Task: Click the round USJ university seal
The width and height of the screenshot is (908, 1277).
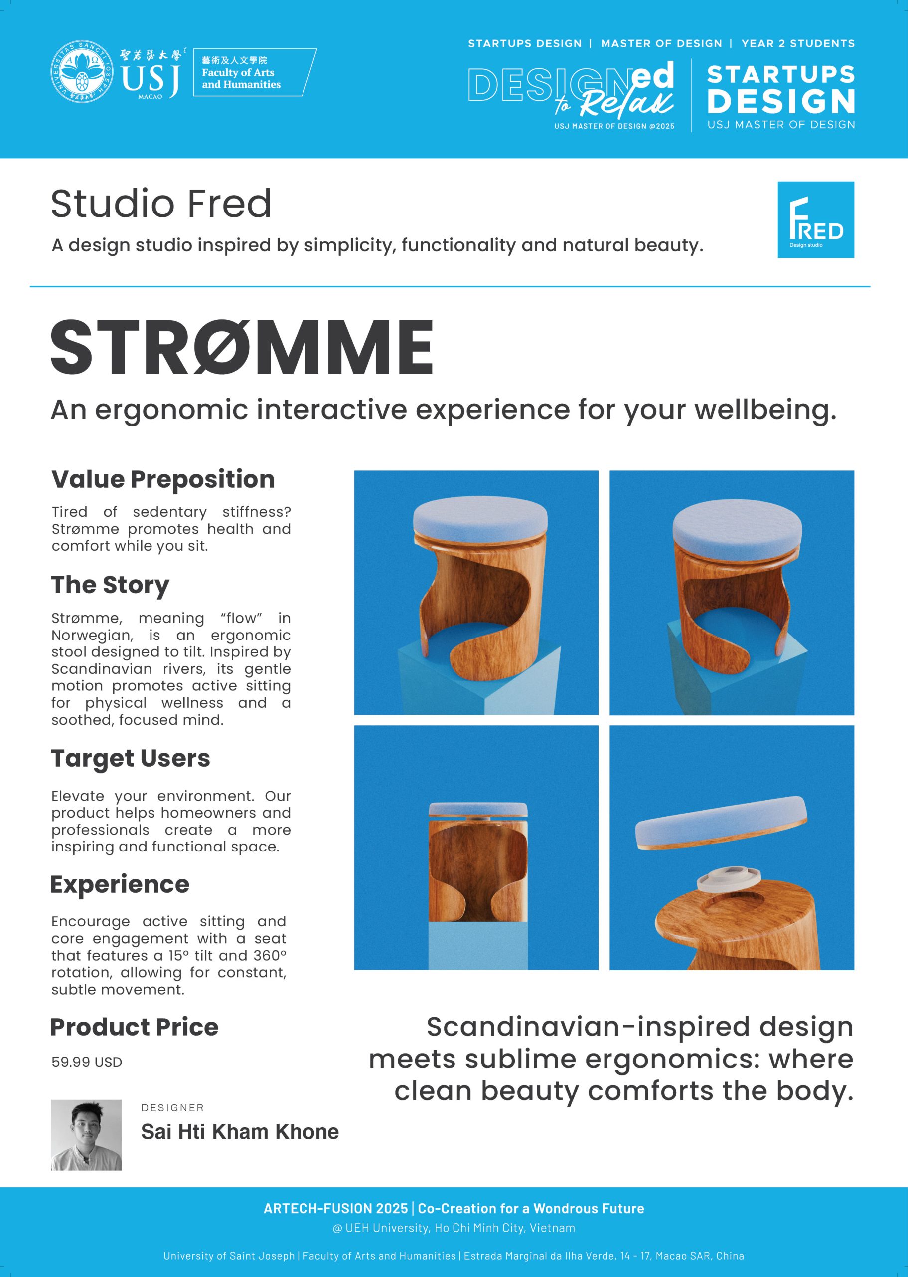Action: (82, 72)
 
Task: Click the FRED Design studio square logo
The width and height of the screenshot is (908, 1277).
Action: (816, 219)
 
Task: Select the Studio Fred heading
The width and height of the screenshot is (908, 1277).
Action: (161, 203)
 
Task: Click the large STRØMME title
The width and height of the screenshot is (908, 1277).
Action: (242, 347)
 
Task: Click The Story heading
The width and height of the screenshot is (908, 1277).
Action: (110, 585)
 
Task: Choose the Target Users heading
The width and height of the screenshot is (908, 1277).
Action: (131, 758)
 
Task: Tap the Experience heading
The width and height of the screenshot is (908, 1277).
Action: (120, 885)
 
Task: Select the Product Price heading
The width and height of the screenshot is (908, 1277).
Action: (134, 1027)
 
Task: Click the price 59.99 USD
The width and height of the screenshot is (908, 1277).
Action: (87, 1062)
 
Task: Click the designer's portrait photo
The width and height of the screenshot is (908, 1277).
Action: (86, 1135)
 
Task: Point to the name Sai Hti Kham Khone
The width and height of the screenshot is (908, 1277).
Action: (240, 1131)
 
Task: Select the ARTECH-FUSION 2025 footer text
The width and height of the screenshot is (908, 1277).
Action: (335, 1208)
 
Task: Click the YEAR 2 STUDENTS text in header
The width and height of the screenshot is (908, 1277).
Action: (798, 44)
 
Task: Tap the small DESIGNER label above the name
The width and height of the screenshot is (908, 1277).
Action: (173, 1108)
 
